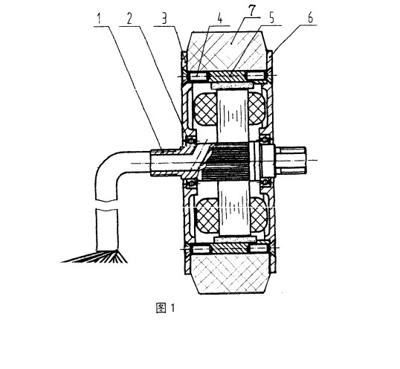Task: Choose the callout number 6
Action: pos(310,18)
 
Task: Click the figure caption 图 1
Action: pos(166,308)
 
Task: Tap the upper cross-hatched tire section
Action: pos(226,51)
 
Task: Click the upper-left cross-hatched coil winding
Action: pos(206,109)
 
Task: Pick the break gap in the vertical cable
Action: pos(107,205)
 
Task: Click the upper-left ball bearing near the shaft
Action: pos(190,140)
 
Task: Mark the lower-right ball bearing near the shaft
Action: pos(265,182)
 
